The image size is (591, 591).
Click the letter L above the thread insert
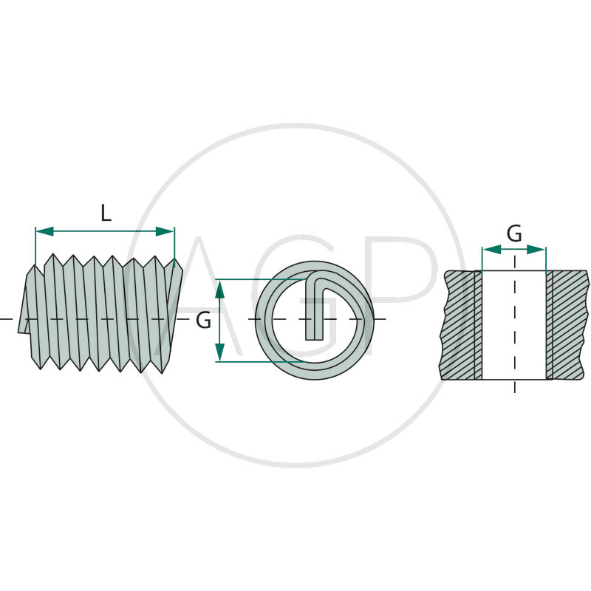pos(106,213)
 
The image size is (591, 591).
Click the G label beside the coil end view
pos(204,321)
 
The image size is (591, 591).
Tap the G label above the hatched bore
pos(514,233)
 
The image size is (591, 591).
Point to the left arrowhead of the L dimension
pos(44,231)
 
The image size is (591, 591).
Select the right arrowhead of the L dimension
pos(165,231)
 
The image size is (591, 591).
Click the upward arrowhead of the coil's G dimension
pos(220,289)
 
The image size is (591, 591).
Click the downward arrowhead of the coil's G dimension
pos(220,352)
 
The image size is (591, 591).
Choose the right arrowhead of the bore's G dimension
pos(536,249)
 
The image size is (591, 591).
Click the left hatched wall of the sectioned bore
pos(461,324)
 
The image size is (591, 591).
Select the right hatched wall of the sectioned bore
pos(567,324)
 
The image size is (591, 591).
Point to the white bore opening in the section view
pos(513,324)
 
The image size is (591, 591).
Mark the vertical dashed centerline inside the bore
pos(514,324)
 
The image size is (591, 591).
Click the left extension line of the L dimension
pos(35,247)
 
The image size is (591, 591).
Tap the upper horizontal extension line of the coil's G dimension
pos(261,279)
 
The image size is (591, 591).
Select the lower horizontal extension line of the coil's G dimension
pos(261,362)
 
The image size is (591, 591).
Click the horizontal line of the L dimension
pos(105,231)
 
